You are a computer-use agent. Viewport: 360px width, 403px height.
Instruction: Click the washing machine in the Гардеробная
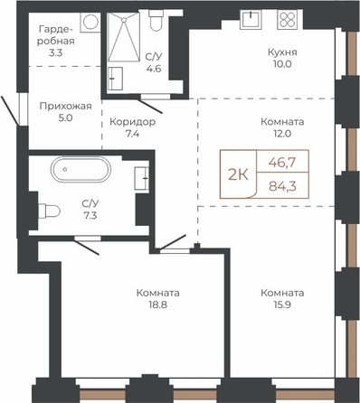pyautogui.click(x=90, y=22)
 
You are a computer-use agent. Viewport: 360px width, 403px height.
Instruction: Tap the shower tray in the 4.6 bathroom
pyautogui.click(x=124, y=37)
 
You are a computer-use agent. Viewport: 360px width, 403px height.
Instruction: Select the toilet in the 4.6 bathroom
pyautogui.click(x=156, y=20)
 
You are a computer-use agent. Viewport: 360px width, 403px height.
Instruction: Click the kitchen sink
pyautogui.click(x=251, y=19)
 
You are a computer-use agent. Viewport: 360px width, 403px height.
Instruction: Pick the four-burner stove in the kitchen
pyautogui.click(x=287, y=19)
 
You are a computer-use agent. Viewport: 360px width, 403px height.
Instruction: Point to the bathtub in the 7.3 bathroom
pyautogui.click(x=81, y=169)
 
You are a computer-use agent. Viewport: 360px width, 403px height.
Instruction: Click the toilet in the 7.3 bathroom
pyautogui.click(x=49, y=211)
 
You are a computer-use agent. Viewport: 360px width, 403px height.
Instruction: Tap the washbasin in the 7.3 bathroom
pyautogui.click(x=142, y=178)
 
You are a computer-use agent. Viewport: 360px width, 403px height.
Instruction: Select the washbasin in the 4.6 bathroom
pyautogui.click(x=115, y=79)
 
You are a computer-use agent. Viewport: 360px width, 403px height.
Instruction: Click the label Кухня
pyautogui.click(x=282, y=52)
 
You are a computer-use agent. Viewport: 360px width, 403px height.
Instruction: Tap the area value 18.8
pyautogui.click(x=157, y=305)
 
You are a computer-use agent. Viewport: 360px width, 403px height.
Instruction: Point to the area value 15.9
pyautogui.click(x=282, y=305)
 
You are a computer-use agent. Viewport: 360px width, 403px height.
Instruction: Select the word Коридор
pyautogui.click(x=133, y=122)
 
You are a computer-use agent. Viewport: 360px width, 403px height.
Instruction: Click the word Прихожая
pyautogui.click(x=66, y=106)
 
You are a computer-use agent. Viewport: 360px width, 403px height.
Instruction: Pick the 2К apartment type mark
pyautogui.click(x=238, y=174)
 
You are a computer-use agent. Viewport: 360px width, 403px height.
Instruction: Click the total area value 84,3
pyautogui.click(x=282, y=186)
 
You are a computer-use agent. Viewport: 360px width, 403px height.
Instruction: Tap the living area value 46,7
pyautogui.click(x=282, y=163)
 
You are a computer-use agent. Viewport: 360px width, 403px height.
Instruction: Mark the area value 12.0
pyautogui.click(x=282, y=134)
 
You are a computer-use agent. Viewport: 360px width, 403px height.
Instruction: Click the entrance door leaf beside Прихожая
pyautogui.click(x=10, y=110)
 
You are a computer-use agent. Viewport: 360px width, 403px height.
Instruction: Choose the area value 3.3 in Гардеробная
pyautogui.click(x=55, y=52)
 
